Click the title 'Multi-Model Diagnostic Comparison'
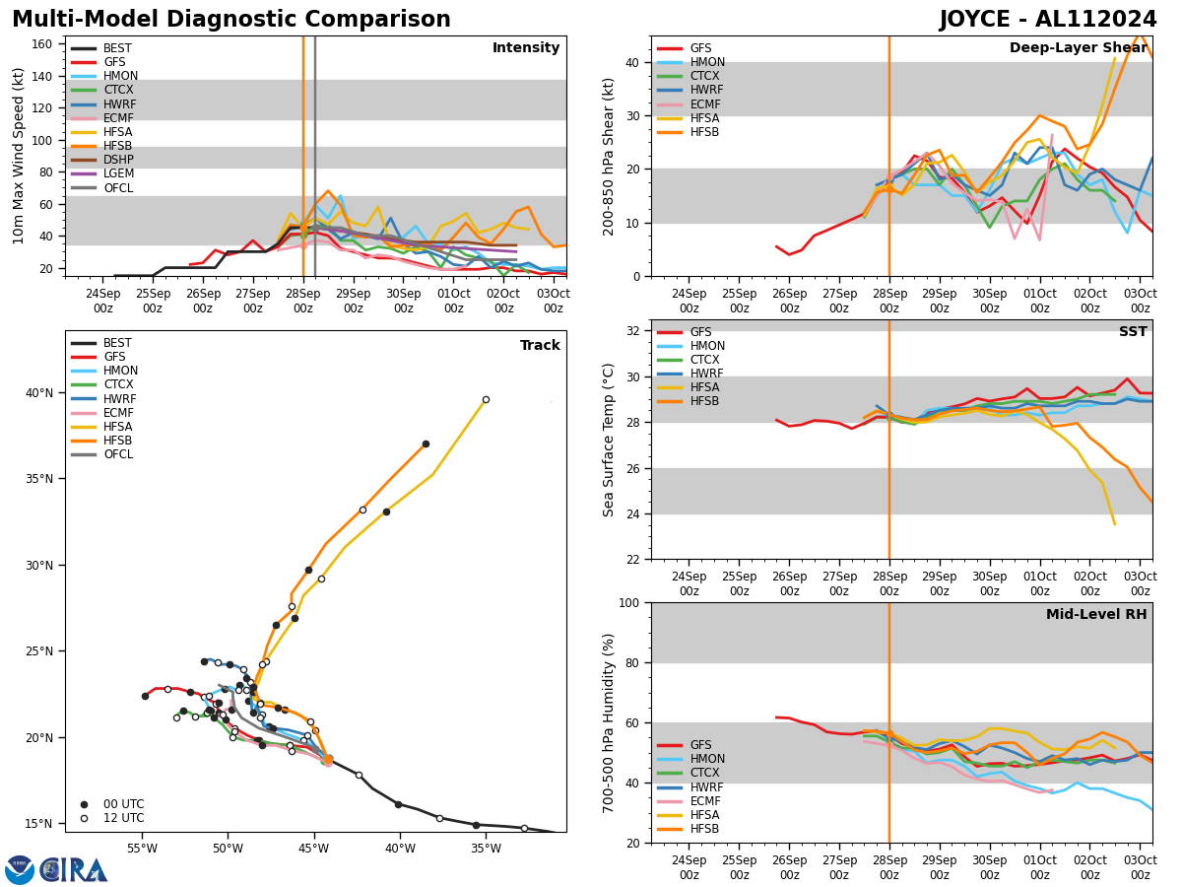[231, 20]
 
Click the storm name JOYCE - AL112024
[1048, 20]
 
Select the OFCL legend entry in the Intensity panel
[118, 188]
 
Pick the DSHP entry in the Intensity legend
[118, 160]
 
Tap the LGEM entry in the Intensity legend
[118, 173]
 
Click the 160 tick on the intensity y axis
[43, 44]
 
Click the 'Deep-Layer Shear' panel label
[1078, 48]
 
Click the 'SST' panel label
[1132, 332]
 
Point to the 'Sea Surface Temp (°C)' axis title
[609, 440]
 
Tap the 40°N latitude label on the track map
[38, 393]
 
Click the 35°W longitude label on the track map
[485, 850]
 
